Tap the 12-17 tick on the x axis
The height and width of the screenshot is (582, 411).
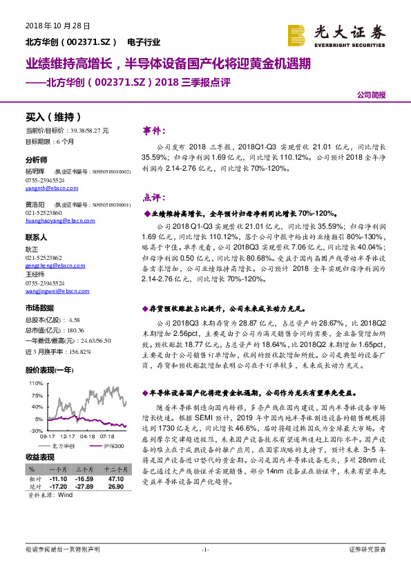click(66, 436)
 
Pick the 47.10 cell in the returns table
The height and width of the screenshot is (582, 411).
click(115, 478)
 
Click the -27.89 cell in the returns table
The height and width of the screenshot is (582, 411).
click(84, 486)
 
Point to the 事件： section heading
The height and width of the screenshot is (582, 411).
click(154, 130)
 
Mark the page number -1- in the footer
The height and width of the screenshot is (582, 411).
click(204, 549)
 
